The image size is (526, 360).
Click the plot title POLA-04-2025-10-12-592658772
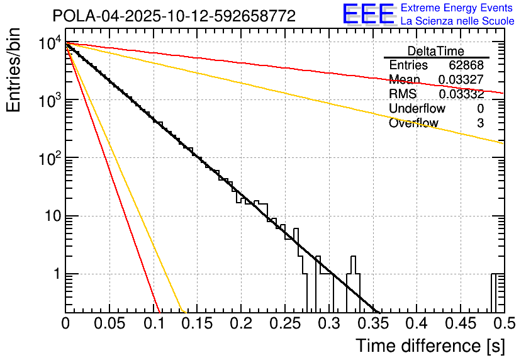tap(174, 16)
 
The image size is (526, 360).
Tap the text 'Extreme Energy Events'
tap(456, 8)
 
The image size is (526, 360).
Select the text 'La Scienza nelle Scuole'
tap(457, 21)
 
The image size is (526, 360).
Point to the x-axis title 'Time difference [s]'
tap(429, 346)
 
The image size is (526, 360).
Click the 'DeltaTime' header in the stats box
tap(435, 51)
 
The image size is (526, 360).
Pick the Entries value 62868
tap(466, 65)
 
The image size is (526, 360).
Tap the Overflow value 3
tap(480, 123)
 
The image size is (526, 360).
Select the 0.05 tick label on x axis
tap(109, 323)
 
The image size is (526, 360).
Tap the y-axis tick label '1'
tap(55, 274)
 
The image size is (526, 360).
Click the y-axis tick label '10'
tap(50, 217)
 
